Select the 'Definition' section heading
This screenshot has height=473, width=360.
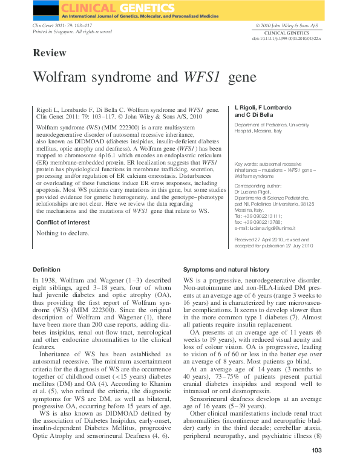(47, 269)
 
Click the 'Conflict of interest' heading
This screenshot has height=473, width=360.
(62, 222)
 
